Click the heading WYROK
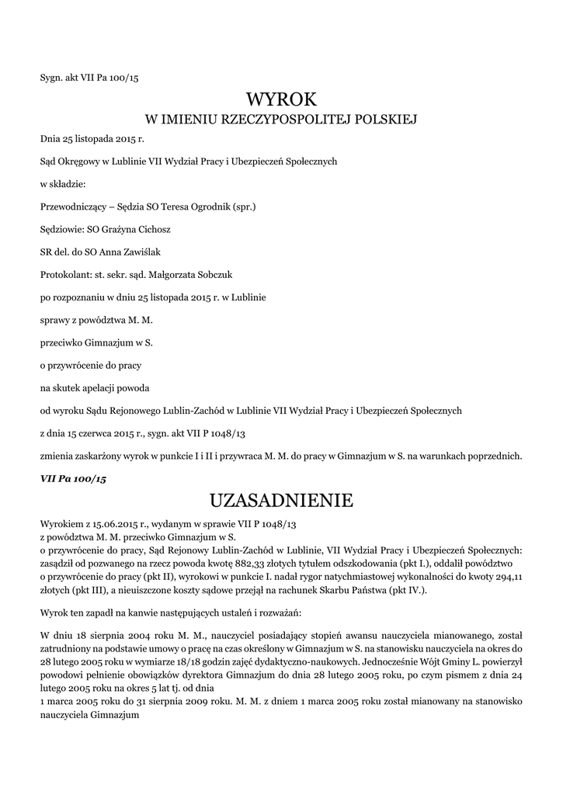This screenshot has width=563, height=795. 281,99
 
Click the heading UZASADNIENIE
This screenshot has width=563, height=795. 281,500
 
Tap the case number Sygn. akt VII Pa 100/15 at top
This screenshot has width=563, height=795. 89,78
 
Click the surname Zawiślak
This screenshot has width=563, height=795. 140,252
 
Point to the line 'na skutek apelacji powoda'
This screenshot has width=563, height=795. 95,387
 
